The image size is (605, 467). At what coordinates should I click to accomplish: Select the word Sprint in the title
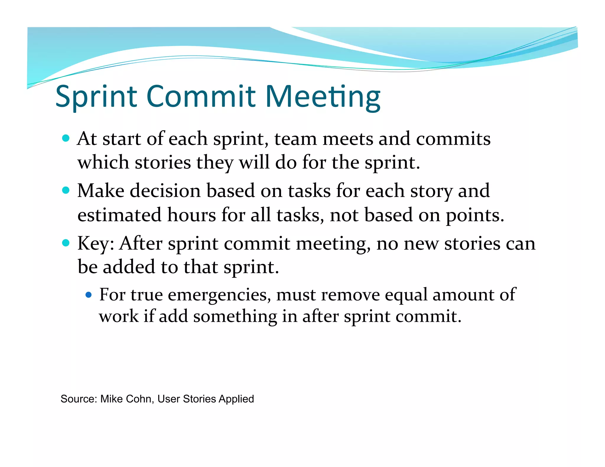click(96, 97)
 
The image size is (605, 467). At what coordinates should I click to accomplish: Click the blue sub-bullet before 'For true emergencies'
click(88, 295)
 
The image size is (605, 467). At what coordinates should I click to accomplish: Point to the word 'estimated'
click(119, 215)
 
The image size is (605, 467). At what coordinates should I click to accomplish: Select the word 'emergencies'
click(219, 295)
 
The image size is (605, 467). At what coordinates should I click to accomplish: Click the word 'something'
click(235, 317)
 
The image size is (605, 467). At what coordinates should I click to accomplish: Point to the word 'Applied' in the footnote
click(236, 399)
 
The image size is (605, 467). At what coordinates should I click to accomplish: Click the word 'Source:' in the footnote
click(79, 399)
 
